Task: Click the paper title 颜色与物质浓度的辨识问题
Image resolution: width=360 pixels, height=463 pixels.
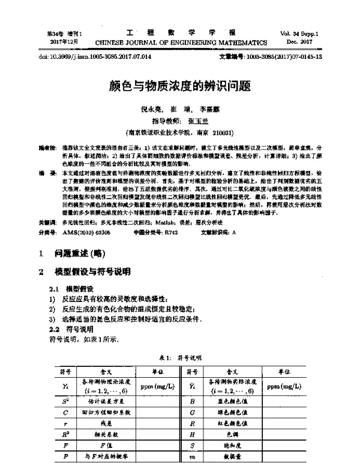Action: pos(180,86)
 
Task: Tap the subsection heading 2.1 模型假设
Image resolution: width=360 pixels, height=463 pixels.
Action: pos(72,289)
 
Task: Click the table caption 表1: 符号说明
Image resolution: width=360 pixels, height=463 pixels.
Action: pos(179,358)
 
